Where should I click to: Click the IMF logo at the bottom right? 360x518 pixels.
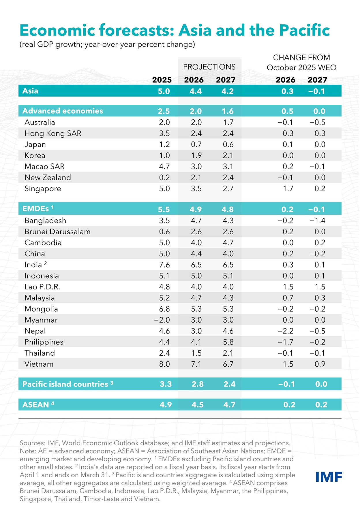pos(329,477)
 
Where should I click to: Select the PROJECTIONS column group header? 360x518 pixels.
pos(209,67)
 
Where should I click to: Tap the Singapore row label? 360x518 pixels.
pos(43,189)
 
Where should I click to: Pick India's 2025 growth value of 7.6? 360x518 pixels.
pos(164,265)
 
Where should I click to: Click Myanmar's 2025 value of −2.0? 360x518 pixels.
pos(162,320)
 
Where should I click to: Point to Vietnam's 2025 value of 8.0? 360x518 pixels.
pos(164,364)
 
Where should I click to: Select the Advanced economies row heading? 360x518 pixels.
pos(63,111)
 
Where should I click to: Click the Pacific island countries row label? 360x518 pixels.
pos(65,384)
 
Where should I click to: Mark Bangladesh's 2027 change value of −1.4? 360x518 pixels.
pos(317,221)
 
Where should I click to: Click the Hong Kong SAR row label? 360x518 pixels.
pos(53,133)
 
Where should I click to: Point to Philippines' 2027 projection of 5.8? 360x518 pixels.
pos(228,342)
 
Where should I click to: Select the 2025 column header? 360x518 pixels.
pos(162,80)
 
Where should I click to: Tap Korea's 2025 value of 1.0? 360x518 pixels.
pos(164,156)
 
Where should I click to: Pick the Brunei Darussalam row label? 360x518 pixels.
pos(57,232)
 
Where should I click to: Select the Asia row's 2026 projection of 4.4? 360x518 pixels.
pos(196,91)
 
